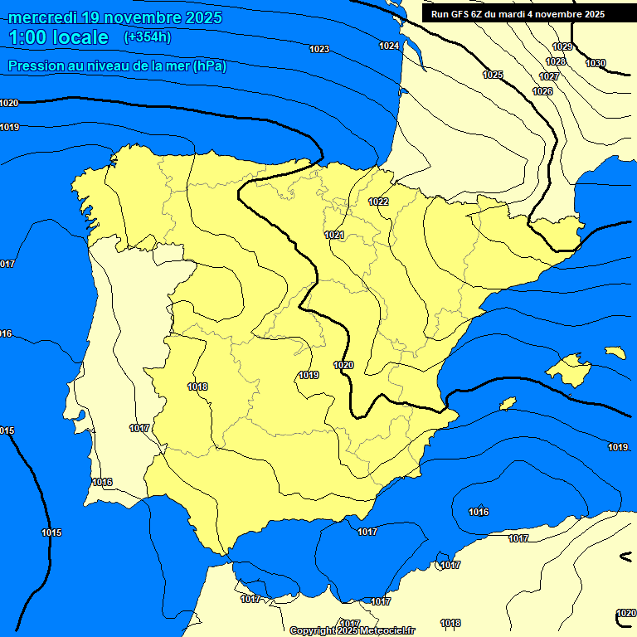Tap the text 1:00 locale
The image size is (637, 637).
(x=58, y=37)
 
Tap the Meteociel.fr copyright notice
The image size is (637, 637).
(x=352, y=630)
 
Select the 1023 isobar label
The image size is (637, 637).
(x=319, y=50)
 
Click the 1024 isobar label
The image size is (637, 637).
(x=389, y=46)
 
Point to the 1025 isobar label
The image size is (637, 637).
(x=493, y=75)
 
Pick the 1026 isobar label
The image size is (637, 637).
(x=542, y=91)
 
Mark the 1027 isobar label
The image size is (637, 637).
(x=549, y=76)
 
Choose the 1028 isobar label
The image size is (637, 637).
(x=556, y=61)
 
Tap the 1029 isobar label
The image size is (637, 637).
(x=562, y=47)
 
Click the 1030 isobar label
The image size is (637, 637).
(x=596, y=63)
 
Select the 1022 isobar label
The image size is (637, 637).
(x=378, y=202)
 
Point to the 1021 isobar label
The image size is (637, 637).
(x=334, y=236)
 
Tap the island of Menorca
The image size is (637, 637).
(x=615, y=353)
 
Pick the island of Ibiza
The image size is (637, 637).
(x=508, y=403)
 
